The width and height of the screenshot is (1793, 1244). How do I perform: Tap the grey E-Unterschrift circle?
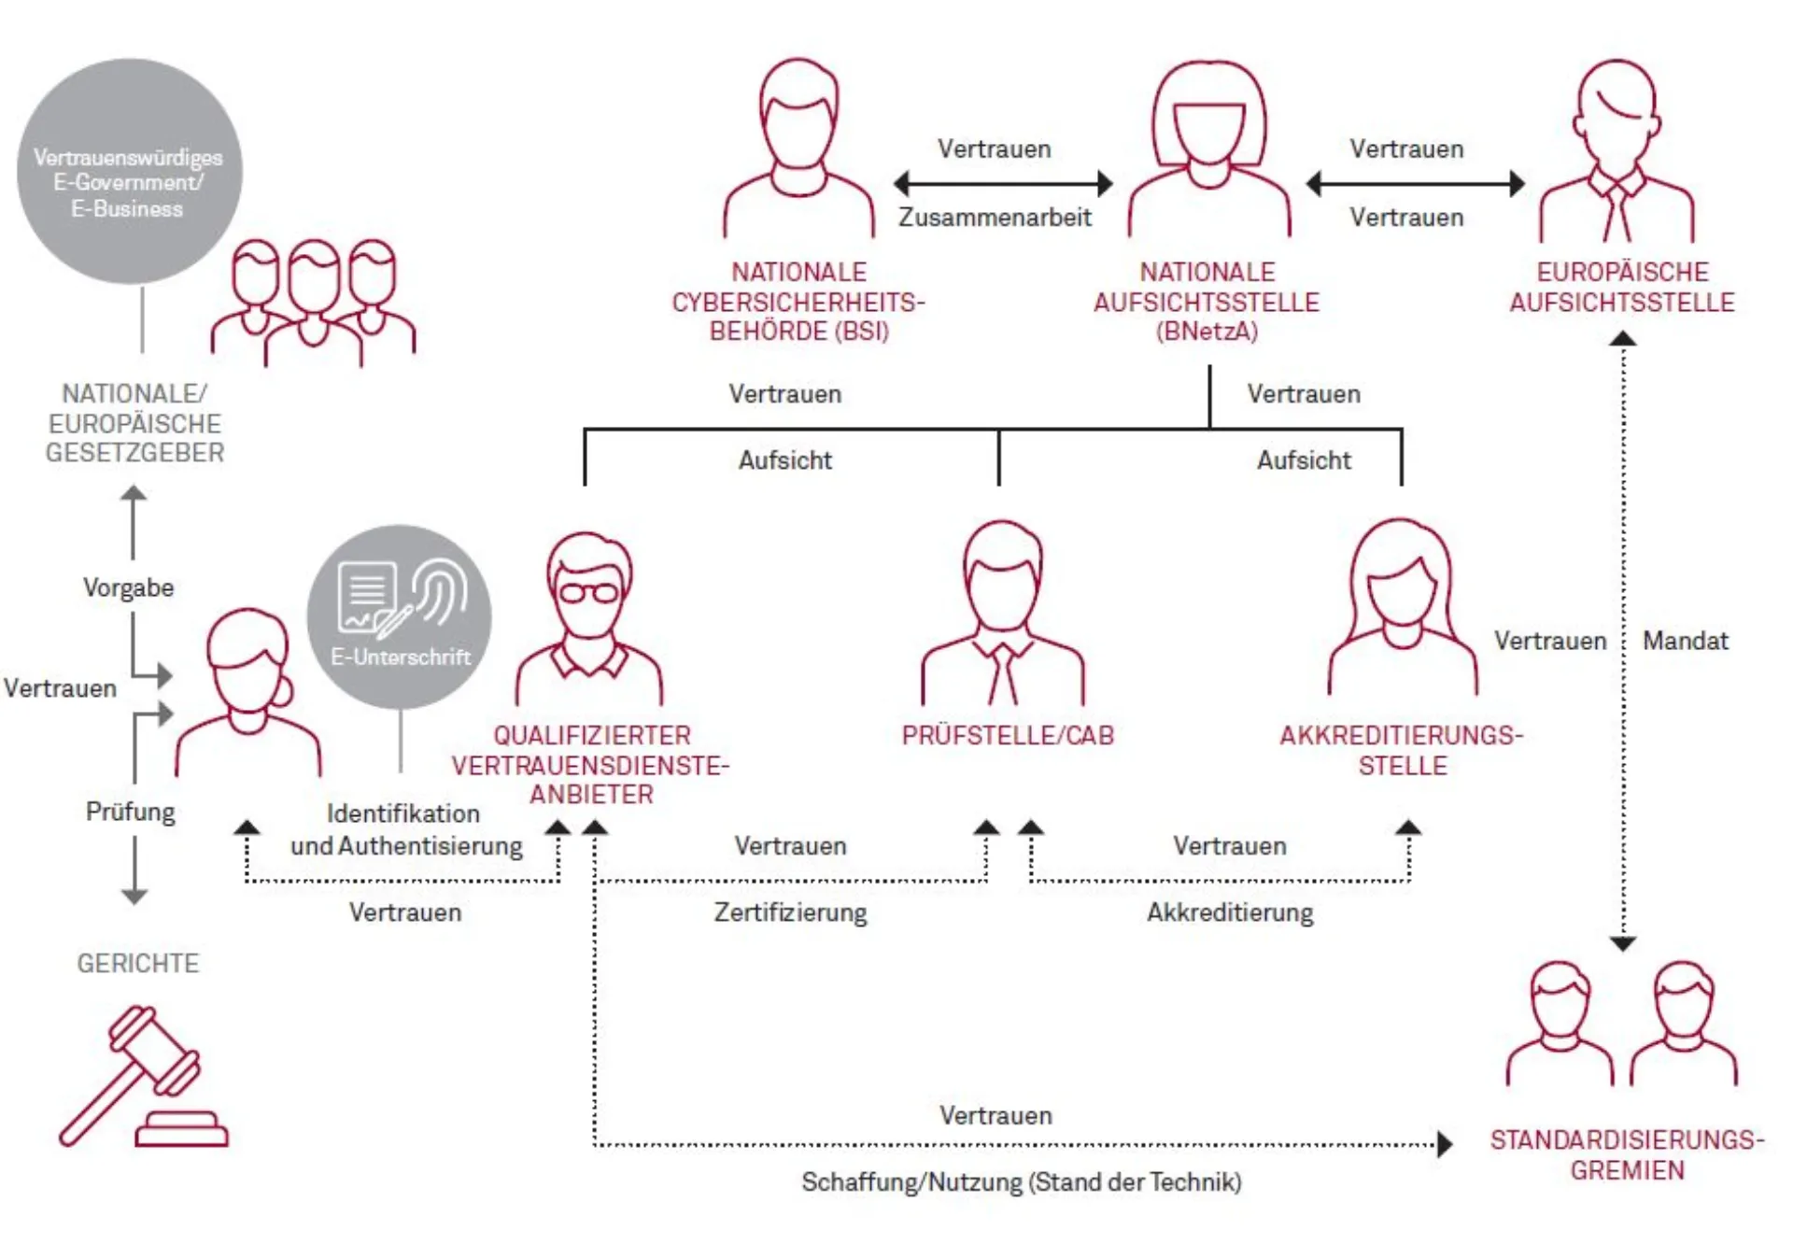(x=400, y=616)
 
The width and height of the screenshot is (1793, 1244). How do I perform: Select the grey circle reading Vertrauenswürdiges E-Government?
(x=129, y=172)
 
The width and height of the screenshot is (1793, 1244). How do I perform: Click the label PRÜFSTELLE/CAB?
(x=1008, y=736)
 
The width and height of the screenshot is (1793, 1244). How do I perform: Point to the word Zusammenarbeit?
(x=995, y=218)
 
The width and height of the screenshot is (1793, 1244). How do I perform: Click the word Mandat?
(x=1685, y=641)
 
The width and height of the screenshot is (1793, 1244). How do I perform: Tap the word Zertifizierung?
(x=790, y=912)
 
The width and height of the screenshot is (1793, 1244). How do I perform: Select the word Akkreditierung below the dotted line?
(x=1230, y=912)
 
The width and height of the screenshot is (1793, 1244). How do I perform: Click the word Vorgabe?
(x=129, y=587)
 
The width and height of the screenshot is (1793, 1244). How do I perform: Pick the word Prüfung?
(x=131, y=812)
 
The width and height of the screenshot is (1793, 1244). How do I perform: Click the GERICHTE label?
(x=138, y=963)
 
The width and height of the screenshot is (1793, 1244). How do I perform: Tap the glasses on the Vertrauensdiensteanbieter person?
(x=589, y=592)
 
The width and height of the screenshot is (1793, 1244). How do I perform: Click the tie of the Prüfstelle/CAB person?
(x=1003, y=674)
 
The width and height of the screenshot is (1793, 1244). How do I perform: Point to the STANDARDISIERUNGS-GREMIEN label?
(x=1627, y=1155)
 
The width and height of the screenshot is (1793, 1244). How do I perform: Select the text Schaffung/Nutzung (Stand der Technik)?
(x=1022, y=1182)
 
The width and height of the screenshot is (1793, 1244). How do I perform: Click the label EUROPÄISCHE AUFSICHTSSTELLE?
(x=1622, y=287)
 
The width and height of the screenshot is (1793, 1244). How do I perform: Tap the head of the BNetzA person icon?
(x=1209, y=117)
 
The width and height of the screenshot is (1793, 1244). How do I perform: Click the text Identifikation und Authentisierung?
(x=405, y=829)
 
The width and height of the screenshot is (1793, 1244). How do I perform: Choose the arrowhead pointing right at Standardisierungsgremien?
(x=1445, y=1144)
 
